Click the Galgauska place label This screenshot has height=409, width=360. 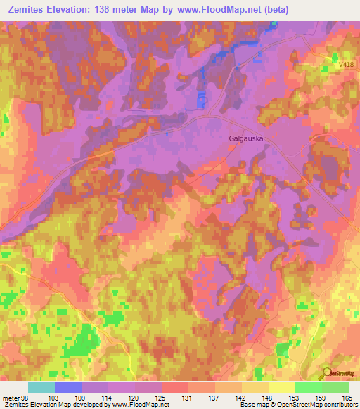click(245, 138)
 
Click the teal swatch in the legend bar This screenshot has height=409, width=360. click(41, 387)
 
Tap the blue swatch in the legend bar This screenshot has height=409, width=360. click(68, 387)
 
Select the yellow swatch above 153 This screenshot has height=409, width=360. click(282, 387)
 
